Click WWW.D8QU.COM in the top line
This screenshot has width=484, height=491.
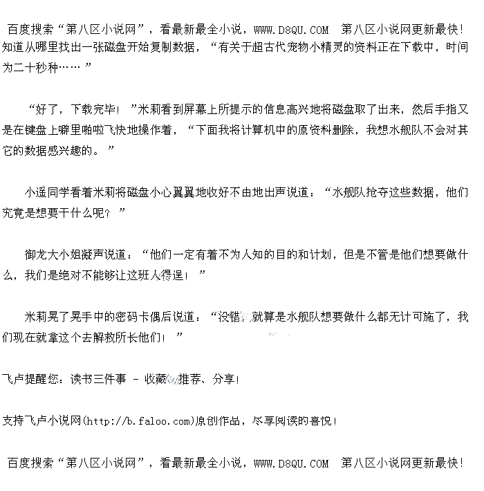[291, 29]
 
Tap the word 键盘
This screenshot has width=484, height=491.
[45, 129]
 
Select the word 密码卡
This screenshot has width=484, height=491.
[133, 317]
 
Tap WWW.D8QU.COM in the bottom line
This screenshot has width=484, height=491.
[291, 463]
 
